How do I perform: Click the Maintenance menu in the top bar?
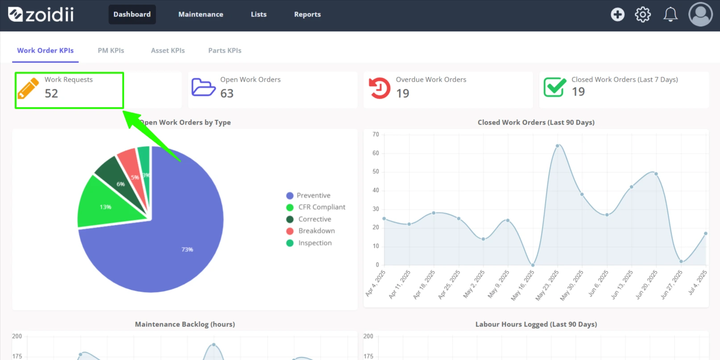[x=200, y=14]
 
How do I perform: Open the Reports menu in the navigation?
[x=307, y=14]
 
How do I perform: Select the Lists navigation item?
[x=258, y=14]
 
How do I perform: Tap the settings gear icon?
[x=642, y=14]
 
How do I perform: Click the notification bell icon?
[x=670, y=14]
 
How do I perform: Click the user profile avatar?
[x=700, y=14]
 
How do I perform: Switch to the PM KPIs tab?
[x=111, y=50]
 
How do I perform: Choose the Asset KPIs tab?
[x=168, y=50]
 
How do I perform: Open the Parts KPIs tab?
[x=225, y=50]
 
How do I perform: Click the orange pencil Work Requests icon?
[x=28, y=88]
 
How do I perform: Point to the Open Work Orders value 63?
[x=227, y=93]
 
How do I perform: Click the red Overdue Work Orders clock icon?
[x=379, y=88]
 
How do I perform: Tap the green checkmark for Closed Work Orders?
[x=555, y=87]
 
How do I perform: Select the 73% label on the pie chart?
[x=187, y=249]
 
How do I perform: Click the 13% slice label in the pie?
[x=105, y=207]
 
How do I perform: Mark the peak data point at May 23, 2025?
[x=558, y=146]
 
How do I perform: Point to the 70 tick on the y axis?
[x=376, y=134]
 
